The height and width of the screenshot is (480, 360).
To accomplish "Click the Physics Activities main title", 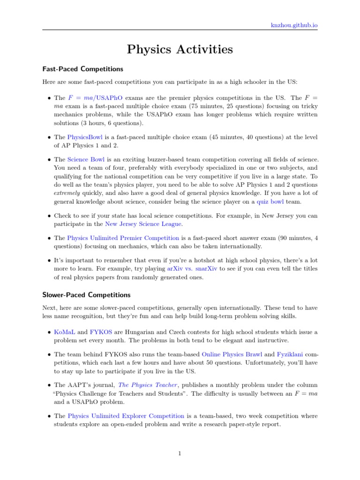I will [180, 49].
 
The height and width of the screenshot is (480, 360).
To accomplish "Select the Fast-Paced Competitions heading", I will [82, 69].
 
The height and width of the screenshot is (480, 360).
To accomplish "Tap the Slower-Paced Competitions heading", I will [86, 295].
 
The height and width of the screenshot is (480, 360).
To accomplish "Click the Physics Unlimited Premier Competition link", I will [123, 238].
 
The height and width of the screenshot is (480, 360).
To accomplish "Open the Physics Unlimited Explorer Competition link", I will [126, 416].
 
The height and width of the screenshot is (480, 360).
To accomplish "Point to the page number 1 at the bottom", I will [180, 454].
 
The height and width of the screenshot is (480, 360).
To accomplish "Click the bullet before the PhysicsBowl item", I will [50, 137].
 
